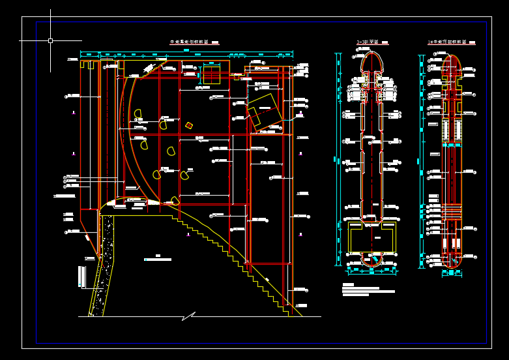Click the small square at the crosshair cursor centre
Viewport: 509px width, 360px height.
(50, 40)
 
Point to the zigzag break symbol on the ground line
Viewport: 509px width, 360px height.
(188, 316)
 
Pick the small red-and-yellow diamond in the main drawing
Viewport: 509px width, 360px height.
(189, 125)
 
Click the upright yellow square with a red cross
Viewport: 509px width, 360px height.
(211, 74)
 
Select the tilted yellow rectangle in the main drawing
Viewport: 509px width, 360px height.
(263, 110)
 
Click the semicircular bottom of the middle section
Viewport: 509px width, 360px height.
(371, 260)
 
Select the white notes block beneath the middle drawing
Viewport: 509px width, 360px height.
(369, 290)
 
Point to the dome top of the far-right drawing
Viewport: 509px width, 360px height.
(452, 60)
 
